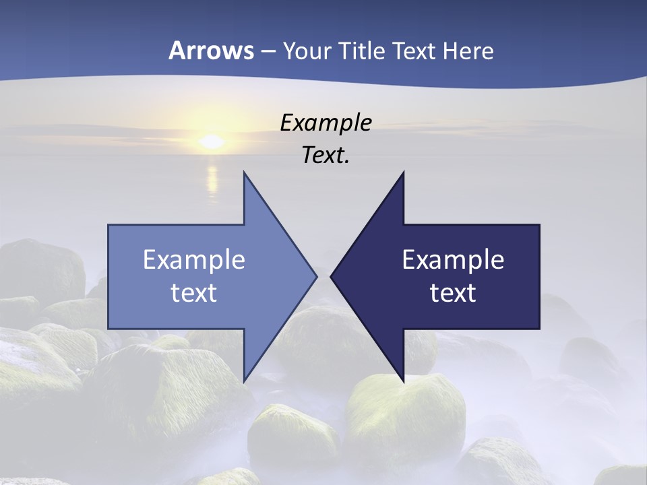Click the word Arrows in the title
pyautogui.click(x=211, y=51)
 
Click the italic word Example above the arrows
pyautogui.click(x=326, y=123)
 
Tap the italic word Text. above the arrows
pyautogui.click(x=326, y=155)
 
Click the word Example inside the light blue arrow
pyautogui.click(x=194, y=260)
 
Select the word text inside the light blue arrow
pyautogui.click(x=194, y=293)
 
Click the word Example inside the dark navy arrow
pyautogui.click(x=453, y=260)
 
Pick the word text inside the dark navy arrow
pyautogui.click(x=453, y=293)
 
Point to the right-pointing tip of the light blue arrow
pyautogui.click(x=315, y=276)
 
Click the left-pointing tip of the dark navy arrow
pyautogui.click(x=332, y=276)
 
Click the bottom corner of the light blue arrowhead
pyautogui.click(x=245, y=379)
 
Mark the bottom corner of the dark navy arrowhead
pyautogui.click(x=403, y=379)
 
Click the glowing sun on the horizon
pyautogui.click(x=212, y=141)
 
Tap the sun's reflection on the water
pyautogui.click(x=212, y=179)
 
